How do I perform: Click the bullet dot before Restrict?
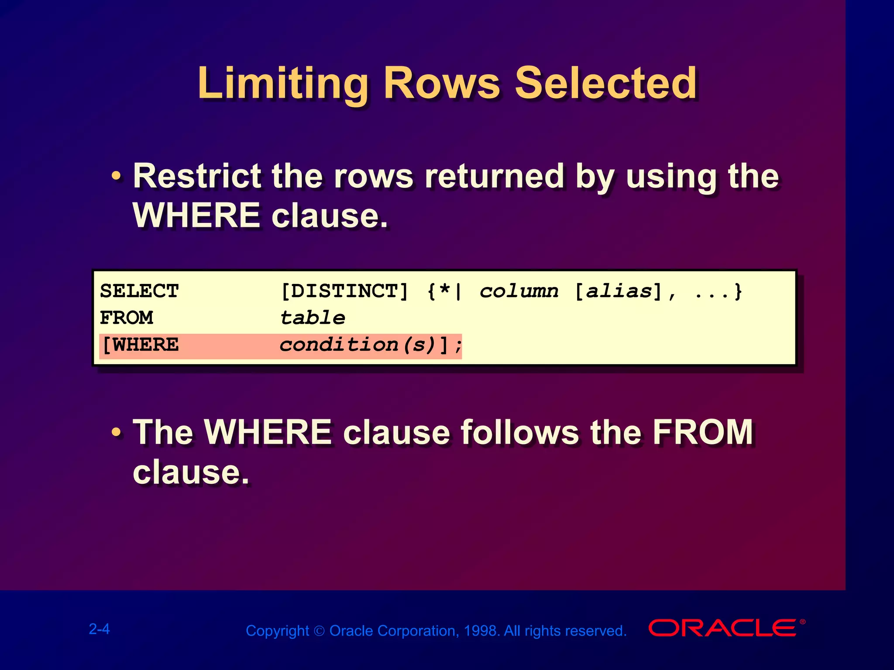[116, 177]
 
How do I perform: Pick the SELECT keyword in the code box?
[139, 291]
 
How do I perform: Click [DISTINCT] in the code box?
[344, 291]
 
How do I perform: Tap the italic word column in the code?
[519, 291]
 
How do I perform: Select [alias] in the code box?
[618, 291]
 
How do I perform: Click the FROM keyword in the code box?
[127, 318]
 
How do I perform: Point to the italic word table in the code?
[313, 318]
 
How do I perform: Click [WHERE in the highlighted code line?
[140, 345]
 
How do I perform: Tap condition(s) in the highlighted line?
[358, 345]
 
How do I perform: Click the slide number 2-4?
[100, 629]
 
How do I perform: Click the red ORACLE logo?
[722, 628]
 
